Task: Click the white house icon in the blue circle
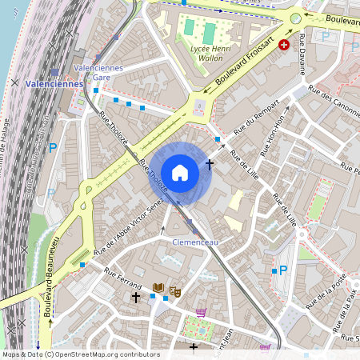[x=180, y=172]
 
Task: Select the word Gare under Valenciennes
[x=102, y=78]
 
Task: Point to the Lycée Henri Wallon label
[x=198, y=52]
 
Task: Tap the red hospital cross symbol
[x=283, y=46]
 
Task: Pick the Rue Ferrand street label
[x=122, y=279]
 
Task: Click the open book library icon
[x=158, y=287]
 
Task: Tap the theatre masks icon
[x=175, y=291]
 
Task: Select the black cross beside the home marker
[x=210, y=164]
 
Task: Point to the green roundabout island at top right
[x=296, y=17]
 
